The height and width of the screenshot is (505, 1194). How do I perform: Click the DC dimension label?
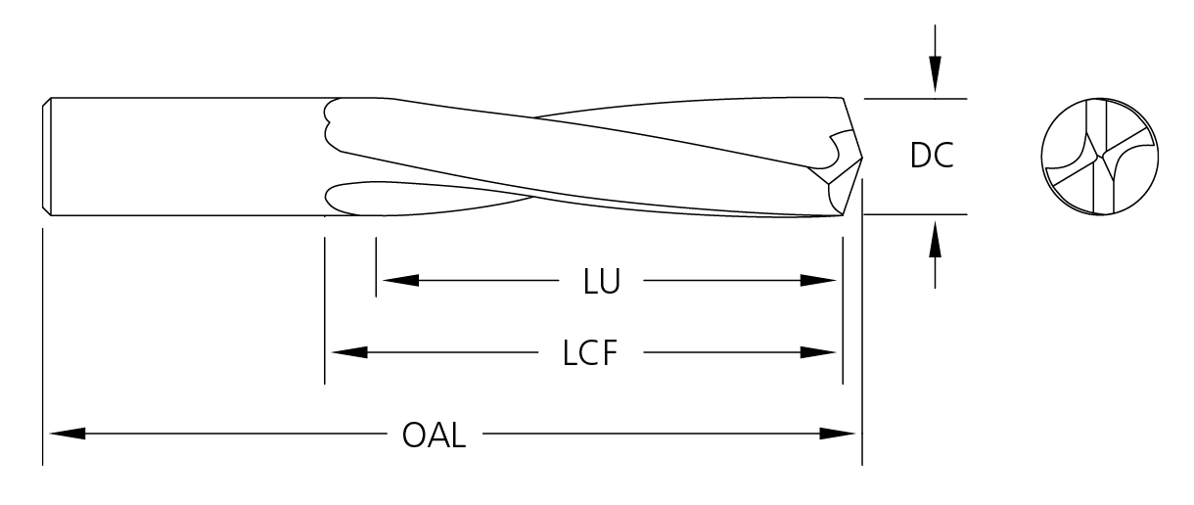click(x=932, y=157)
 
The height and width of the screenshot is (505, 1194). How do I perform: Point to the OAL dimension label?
click(x=434, y=434)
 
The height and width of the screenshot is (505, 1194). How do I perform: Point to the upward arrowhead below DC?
click(x=936, y=237)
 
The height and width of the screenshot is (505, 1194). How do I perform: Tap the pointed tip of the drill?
click(x=861, y=156)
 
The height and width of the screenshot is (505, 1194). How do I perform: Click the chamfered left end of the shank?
click(x=48, y=156)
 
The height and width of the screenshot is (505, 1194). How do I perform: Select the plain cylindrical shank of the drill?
click(x=186, y=156)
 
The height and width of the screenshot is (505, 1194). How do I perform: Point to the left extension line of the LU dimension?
click(x=375, y=264)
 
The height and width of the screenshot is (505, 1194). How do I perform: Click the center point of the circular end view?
click(x=1103, y=156)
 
